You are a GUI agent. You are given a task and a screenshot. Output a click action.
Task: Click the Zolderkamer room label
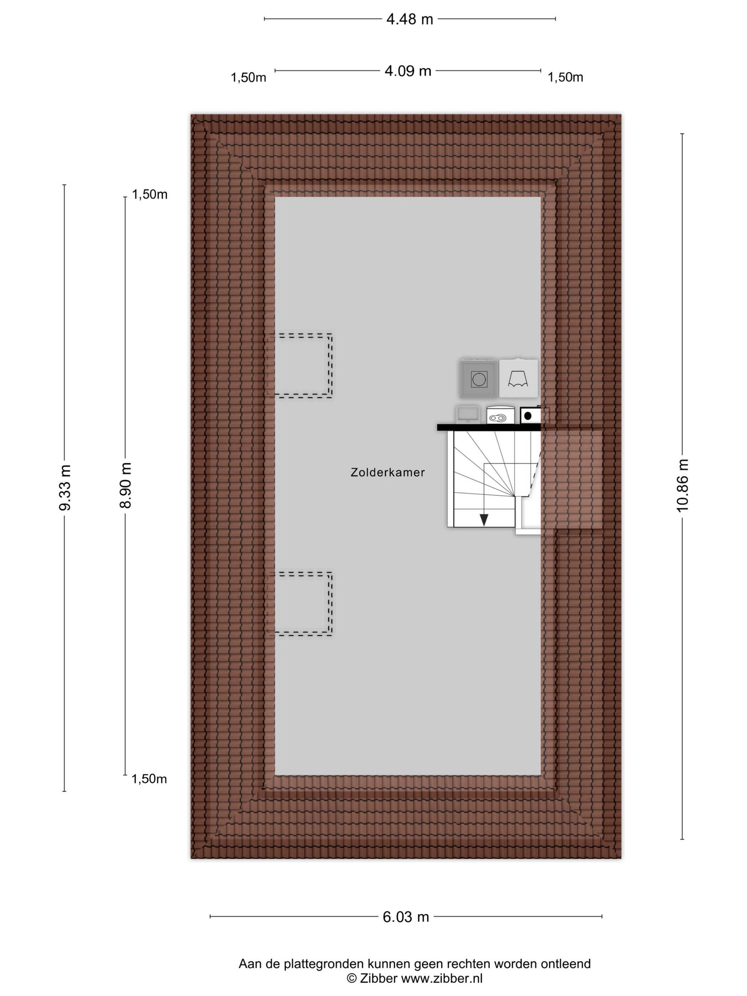(388, 472)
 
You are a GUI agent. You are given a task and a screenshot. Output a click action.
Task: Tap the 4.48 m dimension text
(409, 19)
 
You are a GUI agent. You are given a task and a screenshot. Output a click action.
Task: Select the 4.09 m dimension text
(408, 71)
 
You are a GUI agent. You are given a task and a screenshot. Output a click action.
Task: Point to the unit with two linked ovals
(500, 415)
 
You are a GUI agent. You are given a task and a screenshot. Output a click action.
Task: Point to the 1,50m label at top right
(565, 78)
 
